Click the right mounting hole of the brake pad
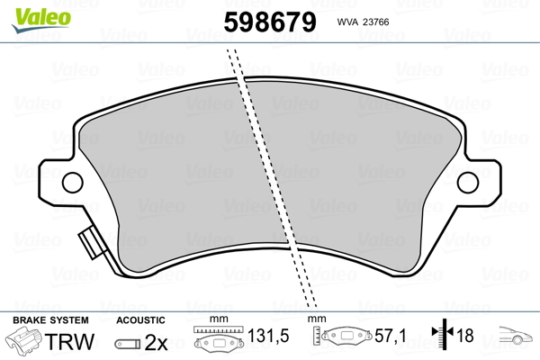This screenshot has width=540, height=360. (x=468, y=183)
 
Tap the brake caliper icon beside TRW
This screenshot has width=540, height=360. (x=25, y=342)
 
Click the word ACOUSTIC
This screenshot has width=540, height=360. (x=140, y=319)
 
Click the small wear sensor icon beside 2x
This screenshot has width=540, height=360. (x=128, y=343)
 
